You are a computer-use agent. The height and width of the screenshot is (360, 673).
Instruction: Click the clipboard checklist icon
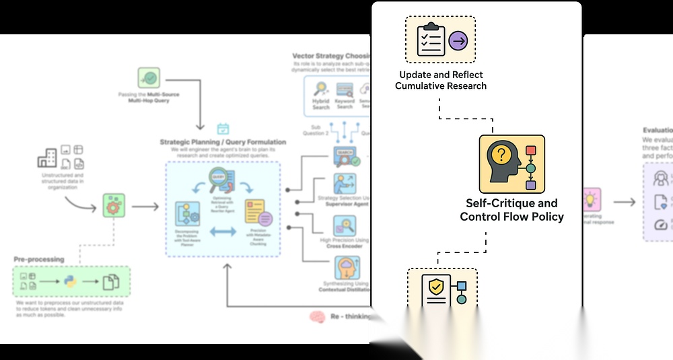click(431, 40)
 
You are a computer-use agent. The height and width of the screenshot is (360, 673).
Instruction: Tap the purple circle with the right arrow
click(458, 41)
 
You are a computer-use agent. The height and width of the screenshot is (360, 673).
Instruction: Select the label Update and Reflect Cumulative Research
click(441, 80)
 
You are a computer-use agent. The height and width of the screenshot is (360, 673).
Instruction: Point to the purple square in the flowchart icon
click(530, 185)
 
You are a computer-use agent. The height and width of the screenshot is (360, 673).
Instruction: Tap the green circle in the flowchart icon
click(530, 168)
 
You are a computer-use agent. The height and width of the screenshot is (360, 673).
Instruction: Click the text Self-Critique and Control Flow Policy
click(511, 209)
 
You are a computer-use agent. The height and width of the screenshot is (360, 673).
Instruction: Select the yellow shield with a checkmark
click(436, 288)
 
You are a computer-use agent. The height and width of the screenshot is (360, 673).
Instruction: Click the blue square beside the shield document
click(462, 285)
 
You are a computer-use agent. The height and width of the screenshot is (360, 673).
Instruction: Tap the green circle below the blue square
click(462, 299)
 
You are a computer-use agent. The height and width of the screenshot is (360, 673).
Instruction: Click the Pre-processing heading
click(39, 259)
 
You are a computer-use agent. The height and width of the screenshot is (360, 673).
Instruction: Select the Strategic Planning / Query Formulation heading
click(223, 142)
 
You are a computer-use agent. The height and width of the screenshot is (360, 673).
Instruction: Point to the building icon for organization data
click(48, 158)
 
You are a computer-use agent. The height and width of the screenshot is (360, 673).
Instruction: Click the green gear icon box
click(114, 205)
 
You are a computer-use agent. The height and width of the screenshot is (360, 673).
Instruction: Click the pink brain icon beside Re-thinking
click(318, 317)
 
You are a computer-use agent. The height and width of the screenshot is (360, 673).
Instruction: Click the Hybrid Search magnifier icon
click(321, 89)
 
